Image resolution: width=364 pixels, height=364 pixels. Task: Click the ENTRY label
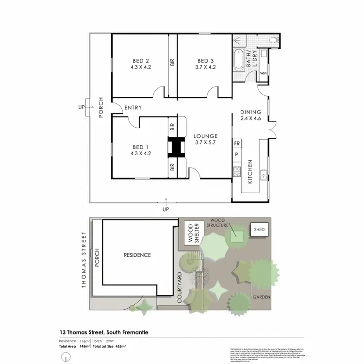[x=132, y=108]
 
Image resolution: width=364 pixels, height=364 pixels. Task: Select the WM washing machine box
[x=264, y=73]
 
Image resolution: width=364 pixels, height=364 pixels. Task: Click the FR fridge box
[x=237, y=144]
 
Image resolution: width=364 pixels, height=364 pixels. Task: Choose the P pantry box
[x=237, y=155]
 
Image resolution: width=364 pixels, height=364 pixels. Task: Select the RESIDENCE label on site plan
[x=137, y=255]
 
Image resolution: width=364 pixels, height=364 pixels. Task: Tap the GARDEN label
[x=261, y=297]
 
